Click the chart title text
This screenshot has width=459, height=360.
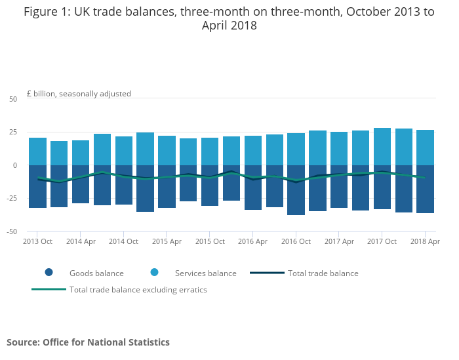pyautogui.click(x=229, y=18)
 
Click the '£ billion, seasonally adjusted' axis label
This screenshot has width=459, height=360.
pyautogui.click(x=79, y=94)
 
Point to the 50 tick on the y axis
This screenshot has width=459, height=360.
pyautogui.click(x=13, y=99)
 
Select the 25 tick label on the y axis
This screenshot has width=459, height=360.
pyautogui.click(x=13, y=132)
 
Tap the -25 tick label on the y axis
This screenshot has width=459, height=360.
pyautogui.click(x=12, y=199)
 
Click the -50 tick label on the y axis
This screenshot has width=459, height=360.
pyautogui.click(x=12, y=231)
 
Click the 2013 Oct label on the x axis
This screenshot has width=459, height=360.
pyautogui.click(x=37, y=241)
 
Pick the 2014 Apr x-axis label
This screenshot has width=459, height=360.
pyautogui.click(x=81, y=241)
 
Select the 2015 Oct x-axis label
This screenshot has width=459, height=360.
pyautogui.click(x=210, y=241)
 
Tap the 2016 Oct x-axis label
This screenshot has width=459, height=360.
pyautogui.click(x=296, y=241)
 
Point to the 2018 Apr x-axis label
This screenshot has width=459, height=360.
pyautogui.click(x=425, y=241)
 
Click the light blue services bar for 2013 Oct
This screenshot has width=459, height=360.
pyautogui.click(x=37, y=151)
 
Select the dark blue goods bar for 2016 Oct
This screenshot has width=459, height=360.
pyautogui.click(x=296, y=190)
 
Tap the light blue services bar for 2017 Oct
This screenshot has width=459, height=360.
pyautogui.click(x=382, y=147)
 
